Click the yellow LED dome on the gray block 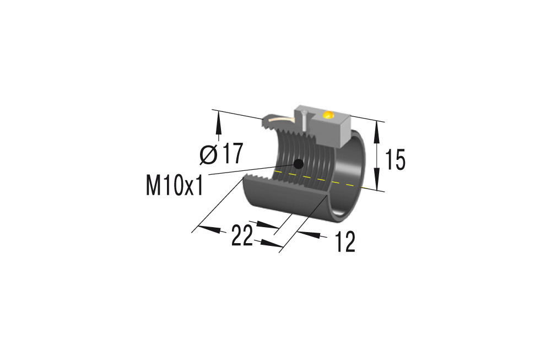328,115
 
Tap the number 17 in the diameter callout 231,154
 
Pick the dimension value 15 395,160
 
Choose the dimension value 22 242,237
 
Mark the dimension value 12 345,243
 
